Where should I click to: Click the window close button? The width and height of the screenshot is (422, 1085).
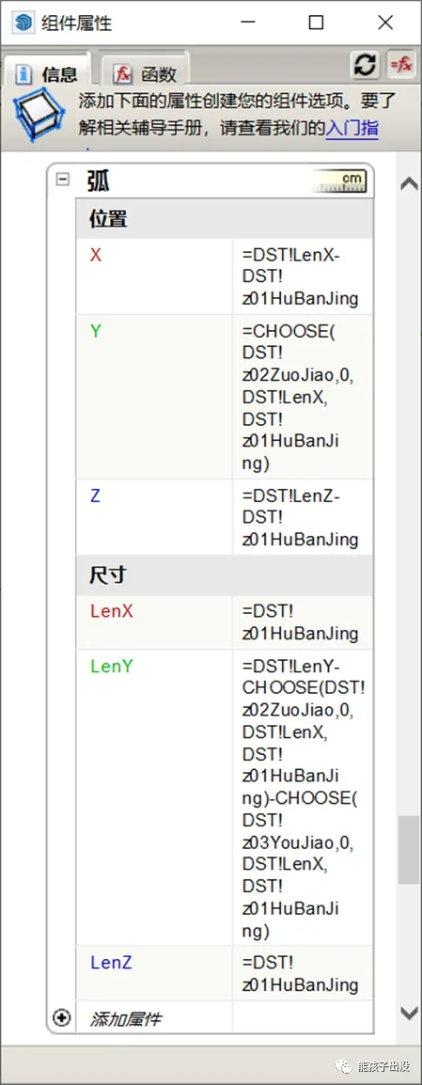386,23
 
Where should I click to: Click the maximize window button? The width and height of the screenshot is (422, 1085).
316,23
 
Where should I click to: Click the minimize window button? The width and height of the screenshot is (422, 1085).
247,23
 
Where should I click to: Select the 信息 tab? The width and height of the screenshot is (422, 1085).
48,73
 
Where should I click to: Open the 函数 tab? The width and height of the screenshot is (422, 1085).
147,73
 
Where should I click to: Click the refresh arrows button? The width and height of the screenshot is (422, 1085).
366,65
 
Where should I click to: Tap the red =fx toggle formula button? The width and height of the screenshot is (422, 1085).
401,65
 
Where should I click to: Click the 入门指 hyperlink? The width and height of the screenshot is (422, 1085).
352,128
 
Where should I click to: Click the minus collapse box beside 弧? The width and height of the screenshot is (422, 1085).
63,180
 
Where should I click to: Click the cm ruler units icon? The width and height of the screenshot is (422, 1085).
339,181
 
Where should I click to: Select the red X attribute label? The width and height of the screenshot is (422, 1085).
96,256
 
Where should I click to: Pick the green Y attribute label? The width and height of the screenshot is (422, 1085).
96,332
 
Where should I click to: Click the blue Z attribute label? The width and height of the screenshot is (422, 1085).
96,496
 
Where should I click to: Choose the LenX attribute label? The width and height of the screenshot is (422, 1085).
112,611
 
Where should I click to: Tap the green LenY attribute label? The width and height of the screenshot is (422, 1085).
112,667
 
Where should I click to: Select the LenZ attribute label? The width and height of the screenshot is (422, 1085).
112,963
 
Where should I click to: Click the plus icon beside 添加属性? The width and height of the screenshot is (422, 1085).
62,1017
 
